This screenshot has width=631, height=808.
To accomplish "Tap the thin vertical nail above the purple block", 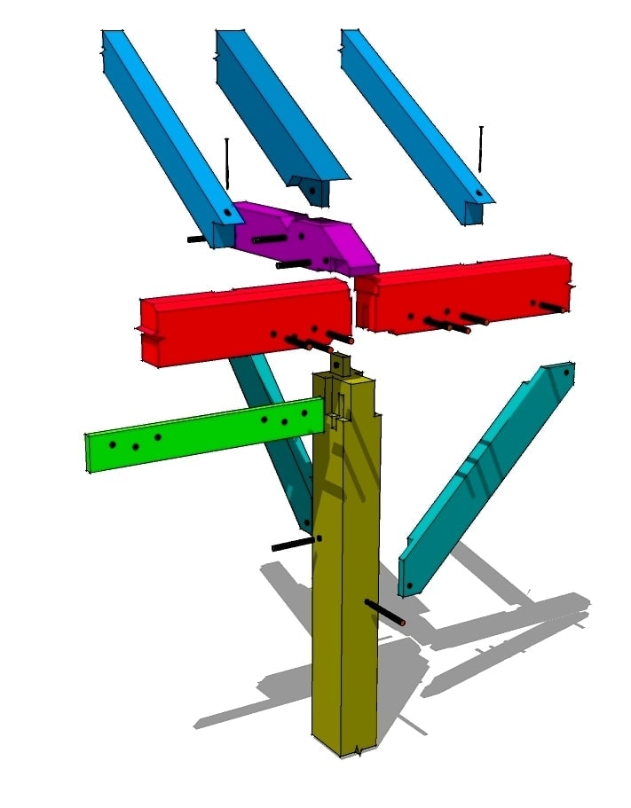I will (227, 169).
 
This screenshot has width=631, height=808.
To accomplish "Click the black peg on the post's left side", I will (293, 544).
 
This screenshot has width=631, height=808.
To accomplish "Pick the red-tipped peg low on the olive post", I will (386, 613).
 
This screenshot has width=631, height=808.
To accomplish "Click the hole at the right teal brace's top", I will (564, 373).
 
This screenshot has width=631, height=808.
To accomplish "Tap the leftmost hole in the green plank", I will (112, 443).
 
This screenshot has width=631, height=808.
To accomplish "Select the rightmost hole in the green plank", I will (304, 412).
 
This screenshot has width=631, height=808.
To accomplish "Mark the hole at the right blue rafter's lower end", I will (478, 192).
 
